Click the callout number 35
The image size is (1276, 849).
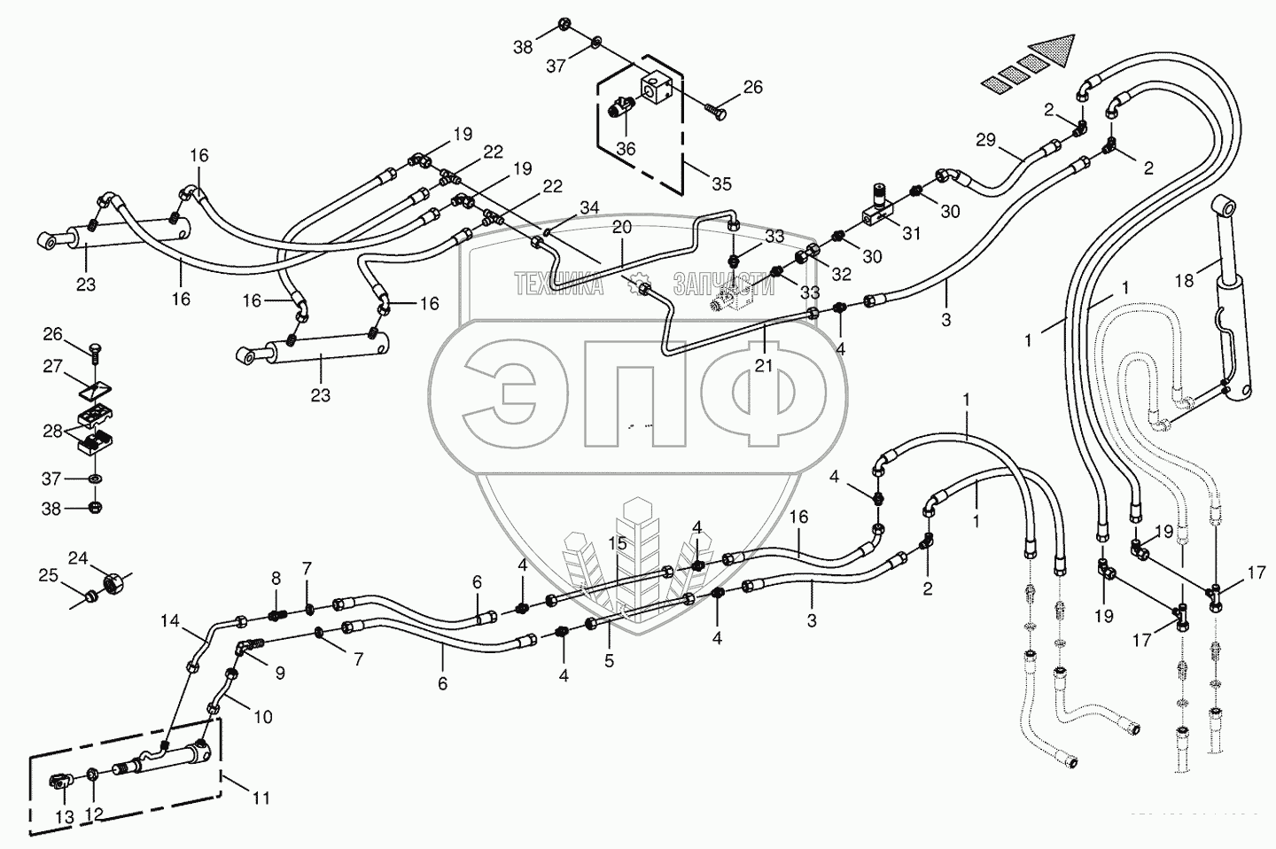click(x=722, y=184)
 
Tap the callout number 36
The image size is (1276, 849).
click(x=626, y=149)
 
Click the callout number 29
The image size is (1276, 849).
click(x=986, y=140)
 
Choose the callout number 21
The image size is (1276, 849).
click(x=763, y=364)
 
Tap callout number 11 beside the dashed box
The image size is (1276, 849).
click(x=260, y=798)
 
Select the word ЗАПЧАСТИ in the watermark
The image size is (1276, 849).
click(x=722, y=284)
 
